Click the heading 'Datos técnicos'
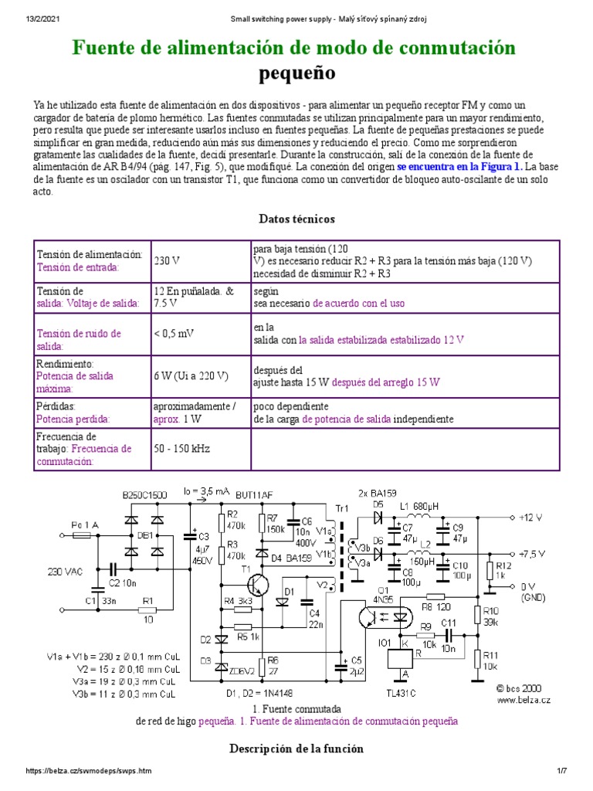(296, 219)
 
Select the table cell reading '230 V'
(166, 260)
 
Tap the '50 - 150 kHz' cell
(181, 448)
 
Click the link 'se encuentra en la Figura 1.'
(460, 166)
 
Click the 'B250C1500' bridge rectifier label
(144, 494)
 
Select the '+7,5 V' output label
(533, 553)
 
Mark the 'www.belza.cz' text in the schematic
(524, 700)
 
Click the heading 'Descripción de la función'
(296, 749)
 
